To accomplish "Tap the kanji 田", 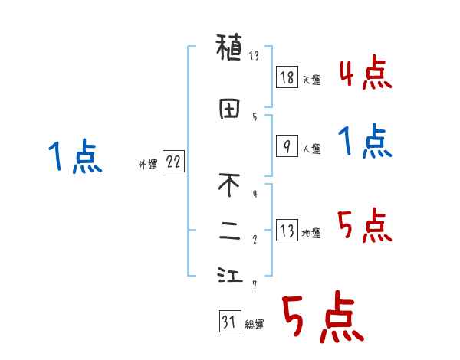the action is (x=229, y=110).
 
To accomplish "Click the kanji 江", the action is (x=229, y=277).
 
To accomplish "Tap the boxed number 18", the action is (x=286, y=77).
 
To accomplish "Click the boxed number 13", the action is (x=286, y=231).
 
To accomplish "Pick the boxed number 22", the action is (x=173, y=162).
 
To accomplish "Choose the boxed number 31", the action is (x=229, y=322).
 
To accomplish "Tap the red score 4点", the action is (x=365, y=74).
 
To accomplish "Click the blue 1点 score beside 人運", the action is (x=365, y=142).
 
